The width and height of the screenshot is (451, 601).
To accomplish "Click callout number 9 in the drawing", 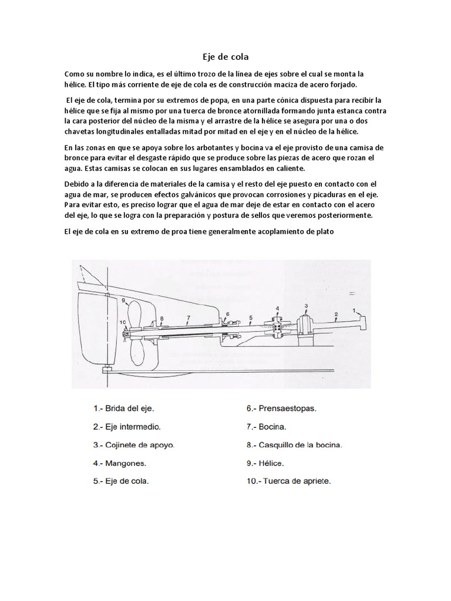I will (x=124, y=300).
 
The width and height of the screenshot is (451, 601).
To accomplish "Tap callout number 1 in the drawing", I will (x=354, y=309).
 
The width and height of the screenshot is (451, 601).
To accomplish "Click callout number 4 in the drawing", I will (x=278, y=309).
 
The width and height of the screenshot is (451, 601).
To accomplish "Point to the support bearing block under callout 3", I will (x=307, y=326).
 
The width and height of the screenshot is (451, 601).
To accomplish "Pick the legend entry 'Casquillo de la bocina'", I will (x=294, y=445).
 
